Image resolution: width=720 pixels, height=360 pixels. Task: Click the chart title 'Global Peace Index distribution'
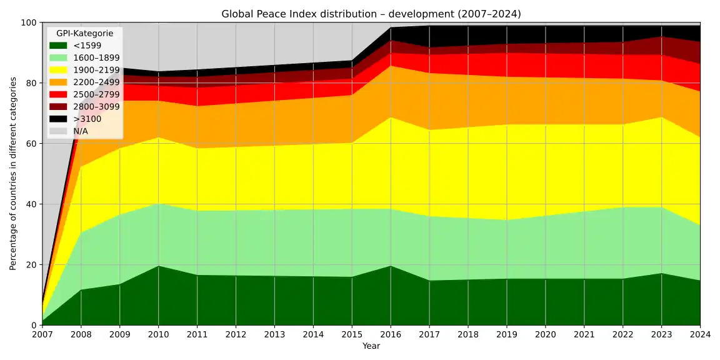click(x=371, y=14)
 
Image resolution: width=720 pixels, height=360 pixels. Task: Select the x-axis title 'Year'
click(x=371, y=346)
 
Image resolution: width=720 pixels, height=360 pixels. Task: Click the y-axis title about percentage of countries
click(x=13, y=174)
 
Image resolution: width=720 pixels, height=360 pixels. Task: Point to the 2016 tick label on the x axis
click(x=391, y=335)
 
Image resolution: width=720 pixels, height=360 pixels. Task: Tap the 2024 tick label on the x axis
click(x=699, y=335)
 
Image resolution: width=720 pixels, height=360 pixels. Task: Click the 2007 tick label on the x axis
click(x=42, y=335)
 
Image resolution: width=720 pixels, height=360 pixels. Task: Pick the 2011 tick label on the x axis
click(x=197, y=335)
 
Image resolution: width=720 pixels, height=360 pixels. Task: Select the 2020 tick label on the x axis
click(x=546, y=335)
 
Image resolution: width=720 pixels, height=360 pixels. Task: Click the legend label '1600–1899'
click(x=96, y=57)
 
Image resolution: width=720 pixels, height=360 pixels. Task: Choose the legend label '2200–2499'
click(x=96, y=82)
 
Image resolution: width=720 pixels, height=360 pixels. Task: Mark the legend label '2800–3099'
click(x=96, y=106)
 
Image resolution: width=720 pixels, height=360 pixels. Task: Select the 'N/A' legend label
click(x=81, y=131)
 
